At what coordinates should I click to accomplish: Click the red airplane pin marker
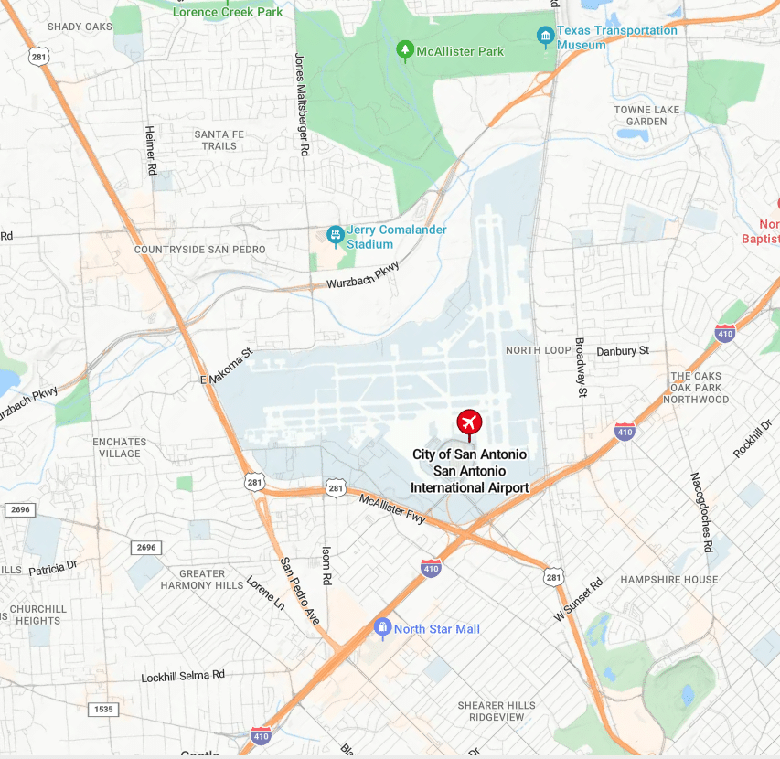(469, 423)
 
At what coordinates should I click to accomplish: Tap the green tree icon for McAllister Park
(404, 50)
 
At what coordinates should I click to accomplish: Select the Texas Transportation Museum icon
(545, 37)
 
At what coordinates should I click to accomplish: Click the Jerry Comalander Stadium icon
(335, 236)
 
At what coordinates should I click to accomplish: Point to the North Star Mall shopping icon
(382, 628)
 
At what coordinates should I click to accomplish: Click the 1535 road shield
(104, 710)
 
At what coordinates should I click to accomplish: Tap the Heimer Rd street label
(151, 151)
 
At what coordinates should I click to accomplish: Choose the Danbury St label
(622, 351)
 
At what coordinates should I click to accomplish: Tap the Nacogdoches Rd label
(700, 512)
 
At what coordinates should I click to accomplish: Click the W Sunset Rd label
(579, 600)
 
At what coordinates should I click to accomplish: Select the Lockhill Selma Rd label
(183, 677)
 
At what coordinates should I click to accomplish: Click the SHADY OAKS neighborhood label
(80, 27)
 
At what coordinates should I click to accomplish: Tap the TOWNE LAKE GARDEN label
(646, 115)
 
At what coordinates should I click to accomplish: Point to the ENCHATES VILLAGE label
(119, 447)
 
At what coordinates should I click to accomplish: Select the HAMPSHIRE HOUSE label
(669, 580)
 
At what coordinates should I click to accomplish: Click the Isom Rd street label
(326, 565)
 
